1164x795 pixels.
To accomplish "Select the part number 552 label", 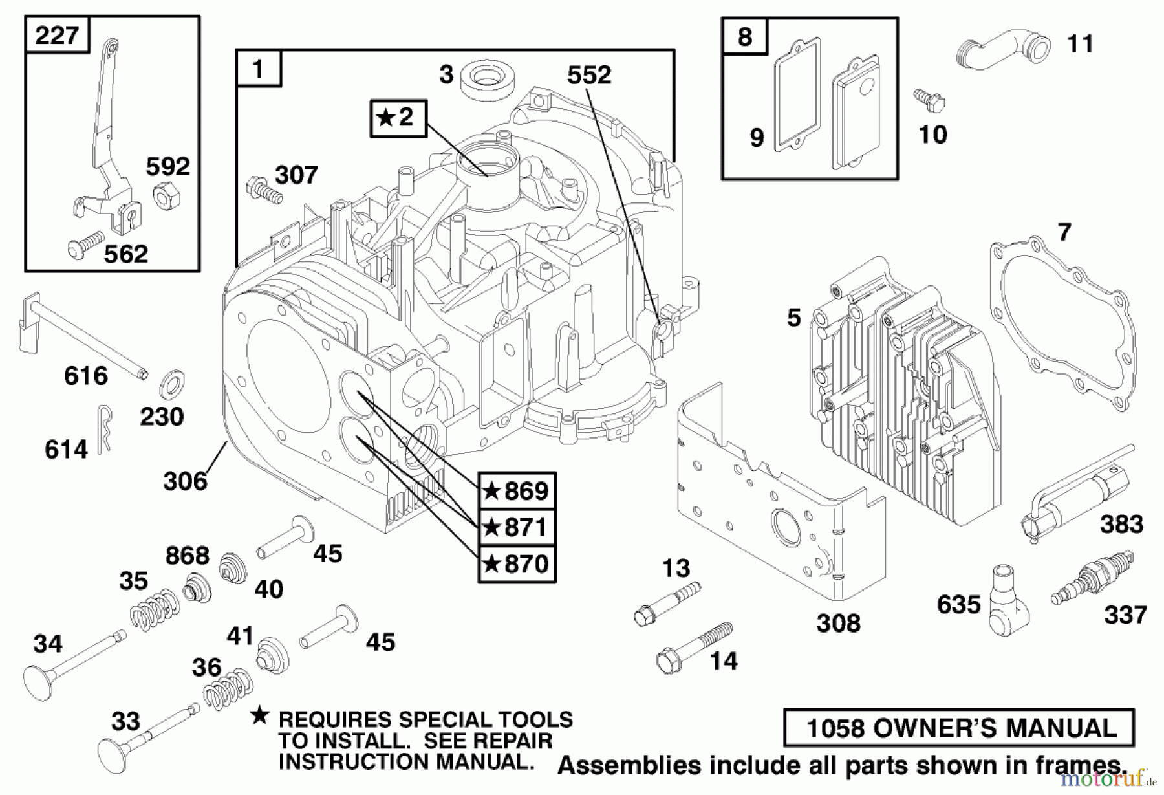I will [x=588, y=75].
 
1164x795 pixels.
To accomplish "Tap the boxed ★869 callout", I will [x=517, y=491].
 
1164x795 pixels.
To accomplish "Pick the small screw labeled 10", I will [x=930, y=100].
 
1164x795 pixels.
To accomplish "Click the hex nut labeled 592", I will [x=167, y=193].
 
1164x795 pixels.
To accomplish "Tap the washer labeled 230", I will [x=171, y=384].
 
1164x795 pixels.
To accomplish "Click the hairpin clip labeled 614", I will [x=105, y=428].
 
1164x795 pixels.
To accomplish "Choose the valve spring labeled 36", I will [x=228, y=688].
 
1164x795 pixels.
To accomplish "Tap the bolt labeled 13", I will [x=667, y=603].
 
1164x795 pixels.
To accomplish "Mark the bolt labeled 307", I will [x=264, y=190].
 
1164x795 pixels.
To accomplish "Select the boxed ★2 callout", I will [x=398, y=118].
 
